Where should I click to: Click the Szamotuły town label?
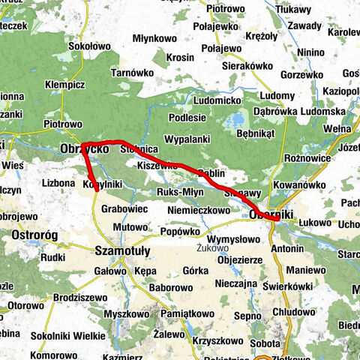pyautogui.click(x=124, y=250)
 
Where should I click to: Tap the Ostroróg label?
pyautogui.click(x=35, y=235)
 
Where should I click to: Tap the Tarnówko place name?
pyautogui.click(x=133, y=72)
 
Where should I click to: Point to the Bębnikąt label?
pyautogui.click(x=256, y=133)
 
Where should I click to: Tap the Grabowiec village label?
pyautogui.click(x=122, y=210)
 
